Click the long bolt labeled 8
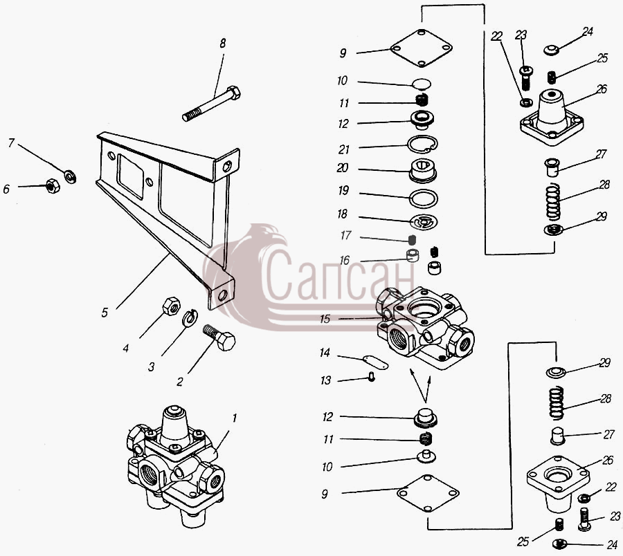point(211,104)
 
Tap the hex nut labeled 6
point(53,185)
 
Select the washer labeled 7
point(71,176)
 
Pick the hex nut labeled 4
point(172,306)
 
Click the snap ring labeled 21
point(423,144)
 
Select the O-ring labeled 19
point(424,198)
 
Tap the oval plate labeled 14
point(375,362)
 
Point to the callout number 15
point(325,319)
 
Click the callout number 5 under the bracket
point(105,313)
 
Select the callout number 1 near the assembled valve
point(235,418)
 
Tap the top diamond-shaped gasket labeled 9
point(422,48)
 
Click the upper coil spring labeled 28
point(553,202)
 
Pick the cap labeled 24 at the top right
point(552,50)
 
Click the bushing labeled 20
point(423,171)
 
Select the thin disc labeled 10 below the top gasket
point(422,84)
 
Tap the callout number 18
point(342,214)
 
